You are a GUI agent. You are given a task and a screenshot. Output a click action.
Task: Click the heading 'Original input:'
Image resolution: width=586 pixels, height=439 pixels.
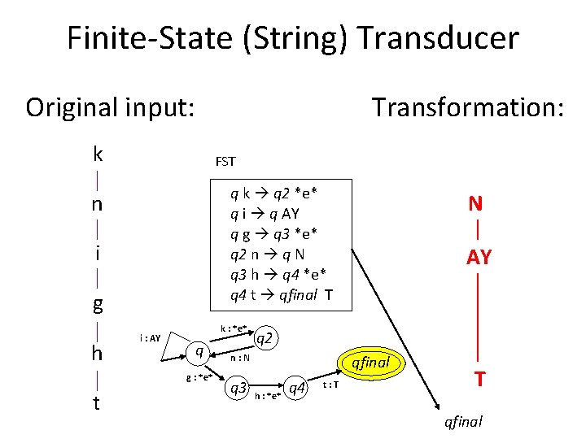pos(110,107)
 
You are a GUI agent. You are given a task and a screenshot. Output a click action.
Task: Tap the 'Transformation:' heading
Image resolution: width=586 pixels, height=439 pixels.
pos(467,107)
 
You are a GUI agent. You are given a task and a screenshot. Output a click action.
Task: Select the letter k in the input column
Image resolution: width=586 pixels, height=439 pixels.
pos(98,154)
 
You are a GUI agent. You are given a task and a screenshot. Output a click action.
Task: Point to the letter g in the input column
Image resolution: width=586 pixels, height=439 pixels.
pos(98,305)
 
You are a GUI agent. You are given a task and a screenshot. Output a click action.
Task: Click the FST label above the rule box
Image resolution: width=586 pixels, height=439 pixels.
pos(225,161)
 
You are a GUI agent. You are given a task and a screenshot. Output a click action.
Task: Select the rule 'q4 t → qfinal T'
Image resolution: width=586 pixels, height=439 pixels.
pos(281,295)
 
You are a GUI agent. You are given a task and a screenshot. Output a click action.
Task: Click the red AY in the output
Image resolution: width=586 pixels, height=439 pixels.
pos(479,257)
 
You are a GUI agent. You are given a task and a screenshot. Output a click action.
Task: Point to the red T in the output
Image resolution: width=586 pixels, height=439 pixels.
pos(480,380)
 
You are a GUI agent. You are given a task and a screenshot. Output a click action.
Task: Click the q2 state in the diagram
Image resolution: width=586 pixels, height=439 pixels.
pos(265,336)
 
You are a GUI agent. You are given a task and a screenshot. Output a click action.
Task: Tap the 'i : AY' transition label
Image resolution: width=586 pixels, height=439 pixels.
pos(151,337)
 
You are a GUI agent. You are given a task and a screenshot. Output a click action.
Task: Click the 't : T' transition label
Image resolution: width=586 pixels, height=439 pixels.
pos(331,385)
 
